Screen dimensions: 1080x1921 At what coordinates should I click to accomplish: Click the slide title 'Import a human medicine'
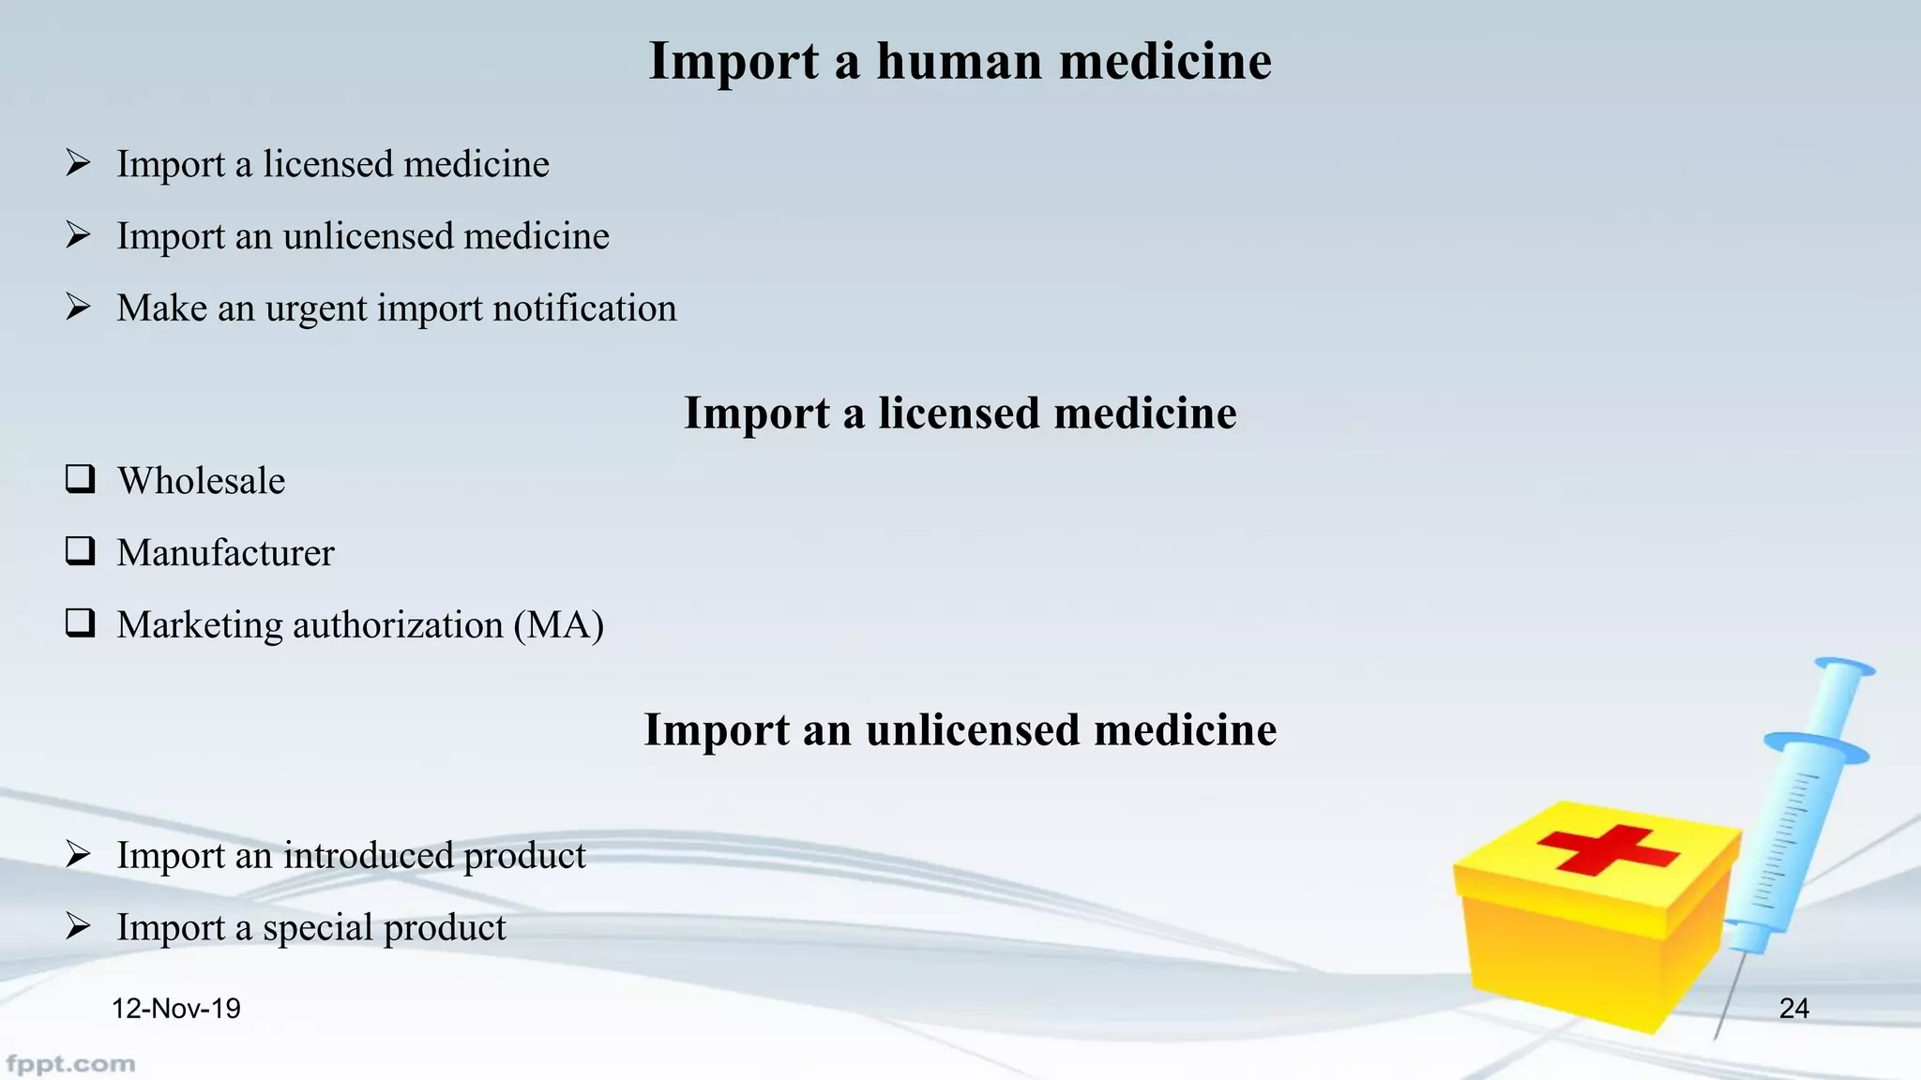(x=960, y=62)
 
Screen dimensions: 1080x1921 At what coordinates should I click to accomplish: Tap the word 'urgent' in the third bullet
(x=316, y=309)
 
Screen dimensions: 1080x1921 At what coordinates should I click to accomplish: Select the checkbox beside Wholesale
(x=80, y=479)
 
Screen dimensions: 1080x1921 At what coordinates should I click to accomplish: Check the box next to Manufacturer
(x=80, y=551)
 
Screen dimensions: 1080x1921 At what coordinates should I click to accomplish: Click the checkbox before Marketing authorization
(x=80, y=623)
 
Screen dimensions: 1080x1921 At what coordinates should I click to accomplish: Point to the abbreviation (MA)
(x=558, y=625)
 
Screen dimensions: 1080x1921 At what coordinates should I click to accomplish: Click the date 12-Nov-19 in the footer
(x=175, y=1009)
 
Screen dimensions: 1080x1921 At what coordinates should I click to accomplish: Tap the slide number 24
(x=1793, y=1009)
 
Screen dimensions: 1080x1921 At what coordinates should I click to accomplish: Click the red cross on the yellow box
(x=1608, y=848)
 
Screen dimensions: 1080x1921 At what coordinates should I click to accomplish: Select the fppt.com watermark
(x=70, y=1064)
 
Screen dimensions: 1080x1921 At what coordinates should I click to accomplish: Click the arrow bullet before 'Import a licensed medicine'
(x=79, y=163)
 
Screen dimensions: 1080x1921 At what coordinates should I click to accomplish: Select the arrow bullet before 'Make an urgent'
(x=79, y=307)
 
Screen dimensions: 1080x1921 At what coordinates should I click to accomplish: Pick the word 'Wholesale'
(x=201, y=481)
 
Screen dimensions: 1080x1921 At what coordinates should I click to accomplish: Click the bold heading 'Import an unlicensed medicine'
(x=960, y=729)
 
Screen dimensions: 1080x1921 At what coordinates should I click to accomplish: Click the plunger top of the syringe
(x=1844, y=667)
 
